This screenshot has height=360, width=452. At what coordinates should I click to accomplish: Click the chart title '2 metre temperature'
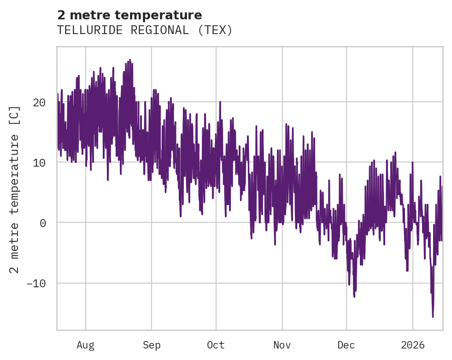[x=129, y=15]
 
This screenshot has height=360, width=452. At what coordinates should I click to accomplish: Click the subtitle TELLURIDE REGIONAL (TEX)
[x=145, y=30]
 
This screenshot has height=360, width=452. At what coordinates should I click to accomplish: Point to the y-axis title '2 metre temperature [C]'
[x=15, y=189]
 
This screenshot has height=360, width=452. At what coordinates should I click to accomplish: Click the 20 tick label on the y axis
[x=39, y=102]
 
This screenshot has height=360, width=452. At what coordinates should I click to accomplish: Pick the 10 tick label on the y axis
[x=39, y=163]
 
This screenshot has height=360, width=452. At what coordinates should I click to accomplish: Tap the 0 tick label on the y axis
[x=42, y=223]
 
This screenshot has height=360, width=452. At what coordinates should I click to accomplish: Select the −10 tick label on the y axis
[x=36, y=283]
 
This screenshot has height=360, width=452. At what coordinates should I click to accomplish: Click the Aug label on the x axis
[x=85, y=345]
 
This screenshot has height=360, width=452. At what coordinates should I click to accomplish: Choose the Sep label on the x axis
[x=151, y=345]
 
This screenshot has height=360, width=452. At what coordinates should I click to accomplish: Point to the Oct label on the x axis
[x=216, y=345]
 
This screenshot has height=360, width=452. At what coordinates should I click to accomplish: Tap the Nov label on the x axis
[x=282, y=345]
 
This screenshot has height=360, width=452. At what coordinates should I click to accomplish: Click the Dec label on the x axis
[x=346, y=345]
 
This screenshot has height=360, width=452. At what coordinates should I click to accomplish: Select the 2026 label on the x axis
[x=413, y=345]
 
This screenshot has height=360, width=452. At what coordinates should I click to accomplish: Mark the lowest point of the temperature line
[x=433, y=317]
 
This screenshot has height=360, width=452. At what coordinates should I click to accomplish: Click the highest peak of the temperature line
[x=130, y=60]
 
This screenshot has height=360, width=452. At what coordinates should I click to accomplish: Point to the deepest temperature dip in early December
[x=354, y=296]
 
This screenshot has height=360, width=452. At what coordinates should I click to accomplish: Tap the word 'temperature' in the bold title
[x=166, y=15]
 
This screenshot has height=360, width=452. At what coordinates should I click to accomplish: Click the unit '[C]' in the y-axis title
[x=15, y=115]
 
